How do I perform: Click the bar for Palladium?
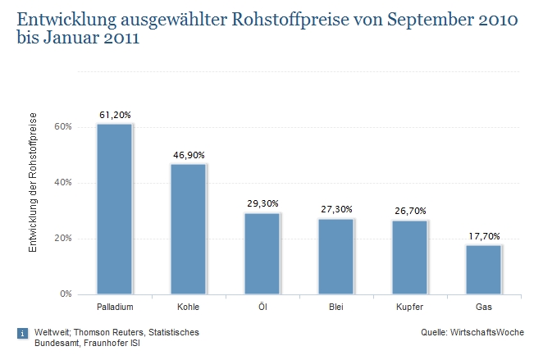(x=114, y=209)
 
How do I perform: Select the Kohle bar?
(x=188, y=229)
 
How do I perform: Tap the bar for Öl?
(x=262, y=253)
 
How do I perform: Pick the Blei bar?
(x=335, y=256)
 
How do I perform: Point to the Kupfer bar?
(x=409, y=257)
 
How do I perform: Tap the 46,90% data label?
(x=188, y=156)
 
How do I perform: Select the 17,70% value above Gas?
(x=483, y=237)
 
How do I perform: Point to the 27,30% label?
(x=335, y=211)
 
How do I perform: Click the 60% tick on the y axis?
(x=64, y=127)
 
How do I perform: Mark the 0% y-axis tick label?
(x=66, y=294)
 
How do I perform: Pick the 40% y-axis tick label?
(x=64, y=183)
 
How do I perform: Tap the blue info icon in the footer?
(x=22, y=333)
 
